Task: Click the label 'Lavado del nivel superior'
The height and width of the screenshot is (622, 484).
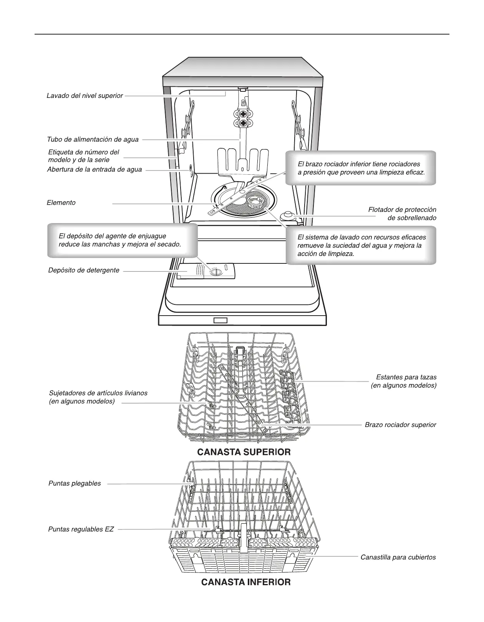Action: pyautogui.click(x=85, y=96)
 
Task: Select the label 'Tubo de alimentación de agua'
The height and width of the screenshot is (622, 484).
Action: pyautogui.click(x=93, y=139)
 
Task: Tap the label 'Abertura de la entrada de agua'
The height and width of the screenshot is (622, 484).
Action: pyautogui.click(x=94, y=169)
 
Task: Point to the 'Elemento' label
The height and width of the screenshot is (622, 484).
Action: pyautogui.click(x=61, y=203)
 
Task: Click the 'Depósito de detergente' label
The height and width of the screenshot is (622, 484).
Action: pyautogui.click(x=84, y=270)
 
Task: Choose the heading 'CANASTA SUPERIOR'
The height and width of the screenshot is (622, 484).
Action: pyautogui.click(x=244, y=452)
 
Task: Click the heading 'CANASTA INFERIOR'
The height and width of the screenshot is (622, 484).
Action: pyautogui.click(x=246, y=582)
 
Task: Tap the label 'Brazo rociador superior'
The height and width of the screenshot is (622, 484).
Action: pyautogui.click(x=400, y=425)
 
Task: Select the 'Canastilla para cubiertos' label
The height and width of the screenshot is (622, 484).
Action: pyautogui.click(x=398, y=557)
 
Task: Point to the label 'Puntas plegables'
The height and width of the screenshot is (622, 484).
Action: pyautogui.click(x=75, y=483)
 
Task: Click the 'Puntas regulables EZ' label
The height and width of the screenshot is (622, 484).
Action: pyautogui.click(x=81, y=529)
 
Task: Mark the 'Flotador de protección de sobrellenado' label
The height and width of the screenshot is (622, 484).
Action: pyautogui.click(x=402, y=214)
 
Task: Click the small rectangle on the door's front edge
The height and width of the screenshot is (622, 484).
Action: pyautogui.click(x=220, y=320)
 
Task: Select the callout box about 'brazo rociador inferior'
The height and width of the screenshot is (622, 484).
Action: pyautogui.click(x=361, y=168)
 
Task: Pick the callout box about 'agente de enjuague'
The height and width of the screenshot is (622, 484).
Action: pyautogui.click(x=122, y=240)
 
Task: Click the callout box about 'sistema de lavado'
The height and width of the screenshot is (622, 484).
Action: pyautogui.click(x=361, y=245)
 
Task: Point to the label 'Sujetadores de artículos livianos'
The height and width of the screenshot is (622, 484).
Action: pyautogui.click(x=98, y=397)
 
